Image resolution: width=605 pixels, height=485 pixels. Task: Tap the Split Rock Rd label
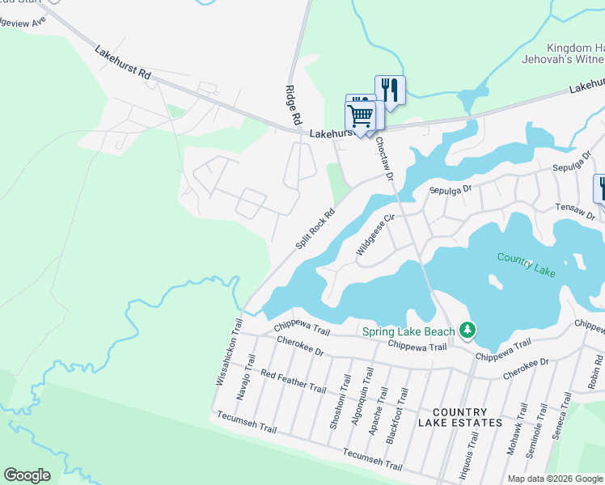click(x=315, y=226)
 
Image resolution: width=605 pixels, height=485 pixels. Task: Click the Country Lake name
click(x=527, y=264)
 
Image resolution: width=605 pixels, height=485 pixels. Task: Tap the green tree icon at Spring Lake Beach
click(x=467, y=330)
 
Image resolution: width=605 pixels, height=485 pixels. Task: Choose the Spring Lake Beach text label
click(x=408, y=331)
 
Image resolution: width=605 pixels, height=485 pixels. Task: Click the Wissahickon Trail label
click(x=227, y=352)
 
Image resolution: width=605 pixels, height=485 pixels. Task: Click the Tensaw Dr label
click(x=575, y=212)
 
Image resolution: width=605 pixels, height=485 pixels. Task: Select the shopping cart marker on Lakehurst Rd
click(x=359, y=116)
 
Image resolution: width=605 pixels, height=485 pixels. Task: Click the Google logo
click(x=27, y=474)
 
